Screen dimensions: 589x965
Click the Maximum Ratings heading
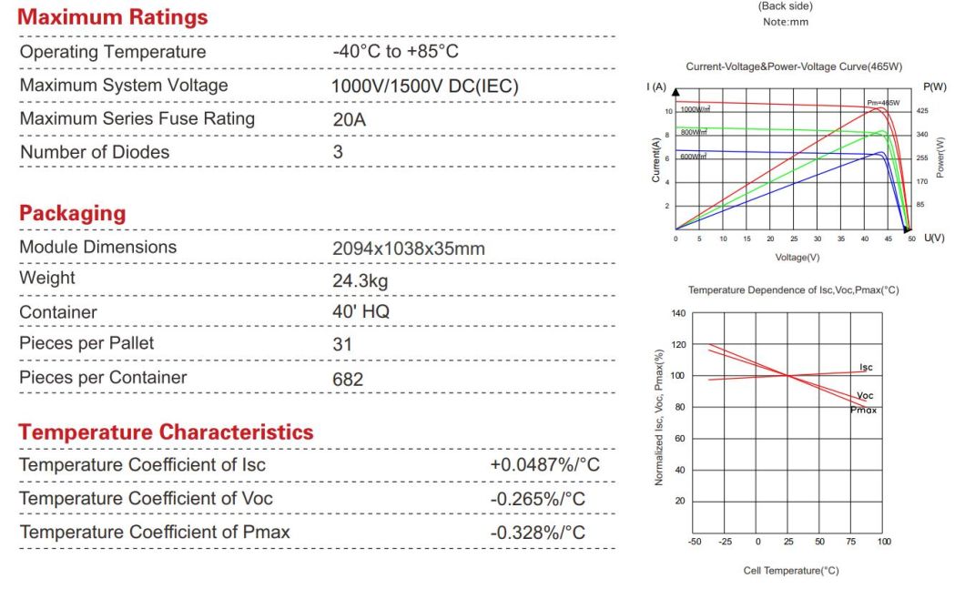(x=114, y=16)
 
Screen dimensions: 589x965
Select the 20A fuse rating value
(x=350, y=119)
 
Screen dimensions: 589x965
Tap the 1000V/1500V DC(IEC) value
(x=425, y=86)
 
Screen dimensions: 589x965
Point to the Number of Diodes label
(x=95, y=152)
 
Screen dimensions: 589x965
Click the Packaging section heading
(x=72, y=213)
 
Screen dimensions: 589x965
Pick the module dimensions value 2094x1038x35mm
(x=409, y=248)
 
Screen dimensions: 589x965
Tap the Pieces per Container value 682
(x=348, y=379)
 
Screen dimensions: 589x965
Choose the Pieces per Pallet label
(x=86, y=343)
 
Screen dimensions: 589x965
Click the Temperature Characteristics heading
(x=166, y=432)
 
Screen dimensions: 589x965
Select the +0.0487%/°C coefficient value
(x=545, y=465)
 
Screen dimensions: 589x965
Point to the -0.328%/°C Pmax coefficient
(x=538, y=532)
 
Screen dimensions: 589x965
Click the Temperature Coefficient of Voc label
(x=146, y=498)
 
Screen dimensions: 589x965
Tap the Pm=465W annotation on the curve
(x=882, y=103)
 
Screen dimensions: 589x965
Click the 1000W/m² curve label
(x=695, y=109)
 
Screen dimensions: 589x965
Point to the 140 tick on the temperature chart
(x=678, y=313)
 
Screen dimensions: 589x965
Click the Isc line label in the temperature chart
(x=866, y=367)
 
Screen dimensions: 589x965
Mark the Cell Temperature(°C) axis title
(x=790, y=571)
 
